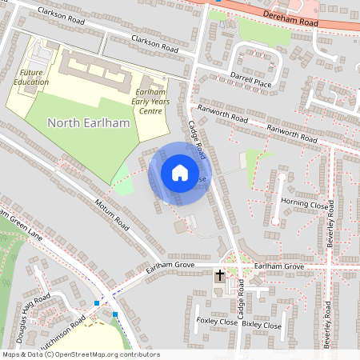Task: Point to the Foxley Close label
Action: (217, 322)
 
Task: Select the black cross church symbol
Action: (219, 277)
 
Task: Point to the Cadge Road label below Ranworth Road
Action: (198, 138)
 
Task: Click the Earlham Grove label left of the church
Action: (170, 270)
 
